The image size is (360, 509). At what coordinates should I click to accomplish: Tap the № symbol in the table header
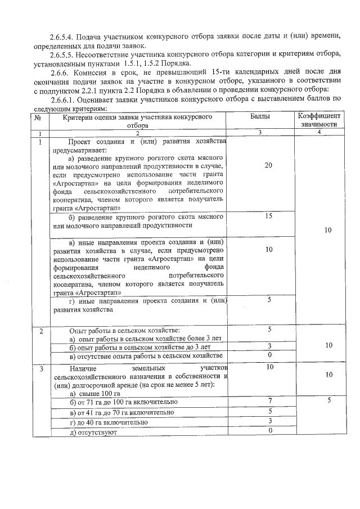(x=37, y=117)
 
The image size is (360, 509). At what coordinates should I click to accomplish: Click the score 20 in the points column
(x=268, y=165)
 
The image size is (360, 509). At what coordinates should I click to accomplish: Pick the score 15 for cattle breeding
(x=268, y=216)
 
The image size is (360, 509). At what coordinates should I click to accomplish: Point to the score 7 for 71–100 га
(x=270, y=400)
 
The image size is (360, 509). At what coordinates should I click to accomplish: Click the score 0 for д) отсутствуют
(x=270, y=430)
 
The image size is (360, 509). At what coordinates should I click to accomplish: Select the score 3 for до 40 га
(x=270, y=421)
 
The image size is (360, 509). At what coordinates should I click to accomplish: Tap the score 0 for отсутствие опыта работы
(x=270, y=355)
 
